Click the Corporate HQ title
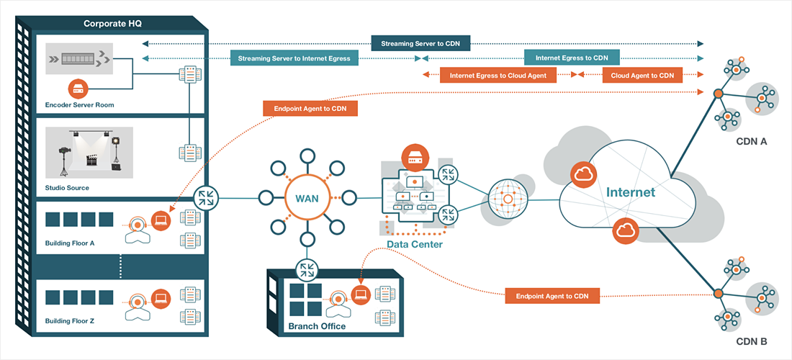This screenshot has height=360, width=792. (112, 24)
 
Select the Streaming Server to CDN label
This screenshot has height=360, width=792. (420, 44)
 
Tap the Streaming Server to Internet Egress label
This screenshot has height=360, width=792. (294, 58)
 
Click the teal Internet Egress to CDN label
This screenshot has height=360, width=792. (572, 58)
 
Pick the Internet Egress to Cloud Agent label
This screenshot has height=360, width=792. (498, 75)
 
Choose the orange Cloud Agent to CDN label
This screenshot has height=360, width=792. (642, 75)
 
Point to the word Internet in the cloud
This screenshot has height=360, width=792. (631, 192)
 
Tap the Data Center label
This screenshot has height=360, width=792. (415, 245)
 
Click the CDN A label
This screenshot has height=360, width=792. (752, 142)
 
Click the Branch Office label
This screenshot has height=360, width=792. (317, 326)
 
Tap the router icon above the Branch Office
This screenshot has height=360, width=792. (307, 269)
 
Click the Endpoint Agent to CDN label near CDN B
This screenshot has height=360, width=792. (552, 296)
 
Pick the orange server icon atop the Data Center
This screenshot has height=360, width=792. (415, 156)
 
